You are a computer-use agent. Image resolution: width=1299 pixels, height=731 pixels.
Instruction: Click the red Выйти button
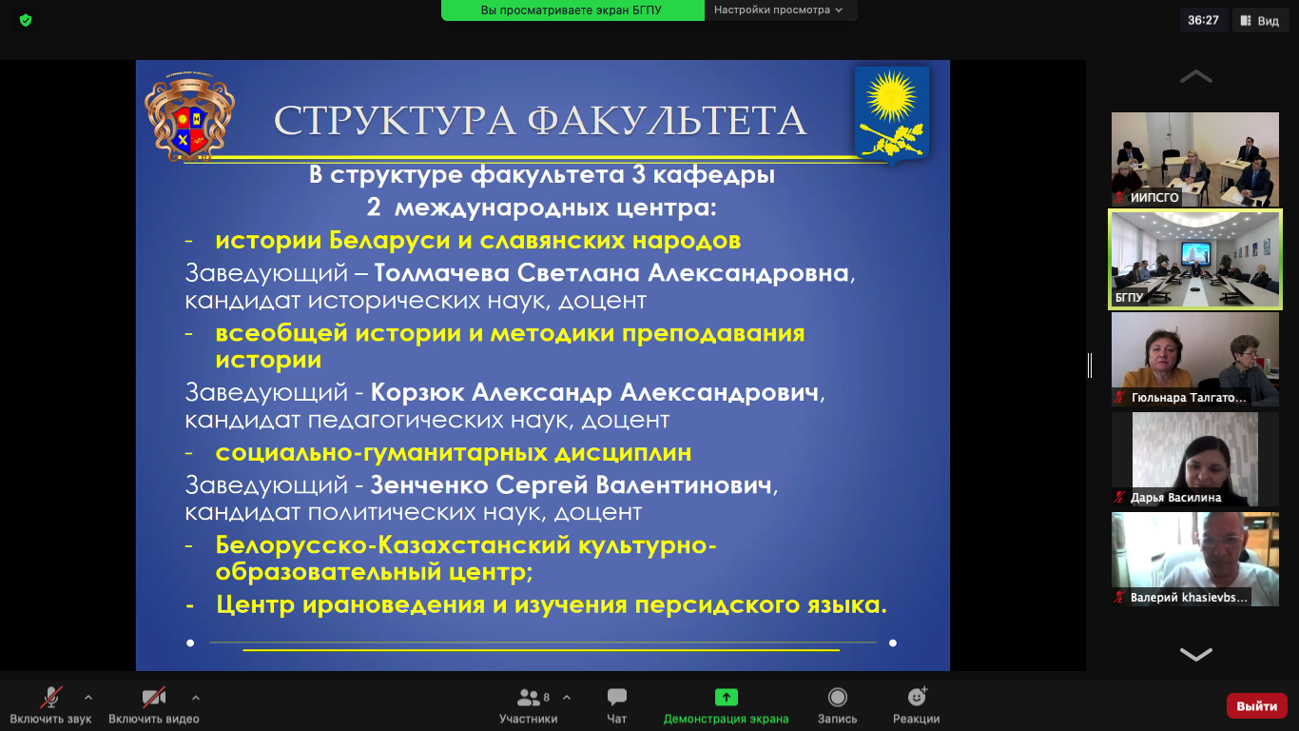click(1256, 706)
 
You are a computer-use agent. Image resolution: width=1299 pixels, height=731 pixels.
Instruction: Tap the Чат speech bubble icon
click(616, 697)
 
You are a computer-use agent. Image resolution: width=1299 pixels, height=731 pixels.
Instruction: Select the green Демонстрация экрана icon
click(726, 697)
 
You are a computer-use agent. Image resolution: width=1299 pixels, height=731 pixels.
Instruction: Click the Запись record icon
click(838, 697)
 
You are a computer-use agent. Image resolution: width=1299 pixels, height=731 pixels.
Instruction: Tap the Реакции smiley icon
click(917, 696)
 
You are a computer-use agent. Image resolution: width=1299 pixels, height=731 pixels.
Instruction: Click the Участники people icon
click(529, 697)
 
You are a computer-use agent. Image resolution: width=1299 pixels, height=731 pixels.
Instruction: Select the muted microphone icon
click(50, 697)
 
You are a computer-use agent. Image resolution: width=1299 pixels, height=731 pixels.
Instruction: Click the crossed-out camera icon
click(154, 697)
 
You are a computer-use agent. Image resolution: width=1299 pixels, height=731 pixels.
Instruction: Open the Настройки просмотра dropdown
click(778, 10)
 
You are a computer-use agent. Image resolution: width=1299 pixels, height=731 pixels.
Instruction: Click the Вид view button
click(1260, 21)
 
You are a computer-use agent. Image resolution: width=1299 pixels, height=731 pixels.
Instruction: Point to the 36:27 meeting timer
click(1203, 20)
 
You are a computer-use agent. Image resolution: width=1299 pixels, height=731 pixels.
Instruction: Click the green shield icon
click(26, 21)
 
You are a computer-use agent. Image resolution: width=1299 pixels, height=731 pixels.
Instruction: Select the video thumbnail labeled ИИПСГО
click(1194, 159)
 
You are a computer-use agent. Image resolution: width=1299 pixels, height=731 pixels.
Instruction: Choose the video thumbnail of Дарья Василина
click(1194, 459)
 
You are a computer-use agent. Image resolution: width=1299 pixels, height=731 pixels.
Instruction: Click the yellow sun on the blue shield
click(891, 96)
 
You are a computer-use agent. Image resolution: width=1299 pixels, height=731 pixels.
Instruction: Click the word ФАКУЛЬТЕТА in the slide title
click(667, 121)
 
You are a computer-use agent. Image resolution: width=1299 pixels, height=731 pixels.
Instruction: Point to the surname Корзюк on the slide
click(417, 392)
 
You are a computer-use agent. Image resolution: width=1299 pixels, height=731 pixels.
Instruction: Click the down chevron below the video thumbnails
click(1195, 654)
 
